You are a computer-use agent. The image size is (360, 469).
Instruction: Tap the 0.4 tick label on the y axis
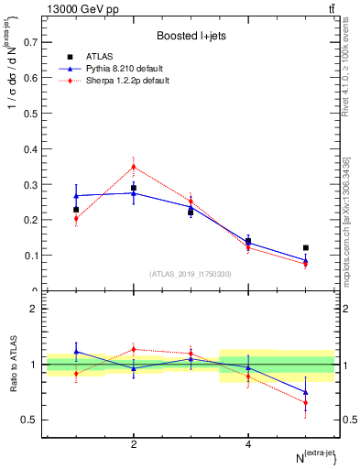(x=30, y=148)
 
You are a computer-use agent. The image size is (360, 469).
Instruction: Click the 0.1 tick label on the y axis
(x=30, y=256)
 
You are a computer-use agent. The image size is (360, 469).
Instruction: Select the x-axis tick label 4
(x=248, y=444)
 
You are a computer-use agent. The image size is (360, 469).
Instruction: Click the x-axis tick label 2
(x=134, y=444)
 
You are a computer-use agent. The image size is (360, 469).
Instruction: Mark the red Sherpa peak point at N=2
(x=134, y=167)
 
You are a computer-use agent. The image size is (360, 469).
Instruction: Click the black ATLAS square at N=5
(x=305, y=247)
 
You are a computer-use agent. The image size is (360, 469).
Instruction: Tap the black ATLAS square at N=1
(x=77, y=210)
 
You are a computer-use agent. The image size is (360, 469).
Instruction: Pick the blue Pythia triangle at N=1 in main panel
(x=77, y=195)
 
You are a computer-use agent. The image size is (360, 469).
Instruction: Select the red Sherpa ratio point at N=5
(x=305, y=402)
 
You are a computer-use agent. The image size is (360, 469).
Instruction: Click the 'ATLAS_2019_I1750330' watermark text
(x=191, y=274)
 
